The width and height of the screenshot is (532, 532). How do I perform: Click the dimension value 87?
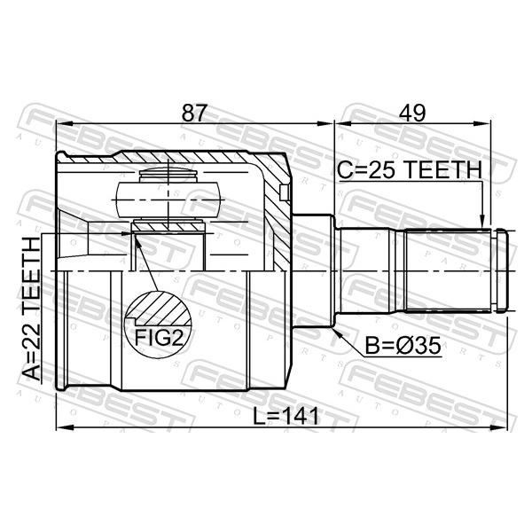pos(194,113)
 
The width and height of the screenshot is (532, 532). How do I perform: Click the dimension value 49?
pos(412,113)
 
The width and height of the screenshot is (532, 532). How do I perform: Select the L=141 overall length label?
pos(286,416)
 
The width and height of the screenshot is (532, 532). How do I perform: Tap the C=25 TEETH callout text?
pos(410,169)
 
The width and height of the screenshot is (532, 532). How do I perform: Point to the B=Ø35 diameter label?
pos(403,346)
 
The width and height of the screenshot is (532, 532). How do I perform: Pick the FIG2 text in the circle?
pos(159,337)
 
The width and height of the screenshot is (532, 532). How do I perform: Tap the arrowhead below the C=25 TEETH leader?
pos(481,222)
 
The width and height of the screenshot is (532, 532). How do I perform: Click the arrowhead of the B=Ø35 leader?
pos(337,332)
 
